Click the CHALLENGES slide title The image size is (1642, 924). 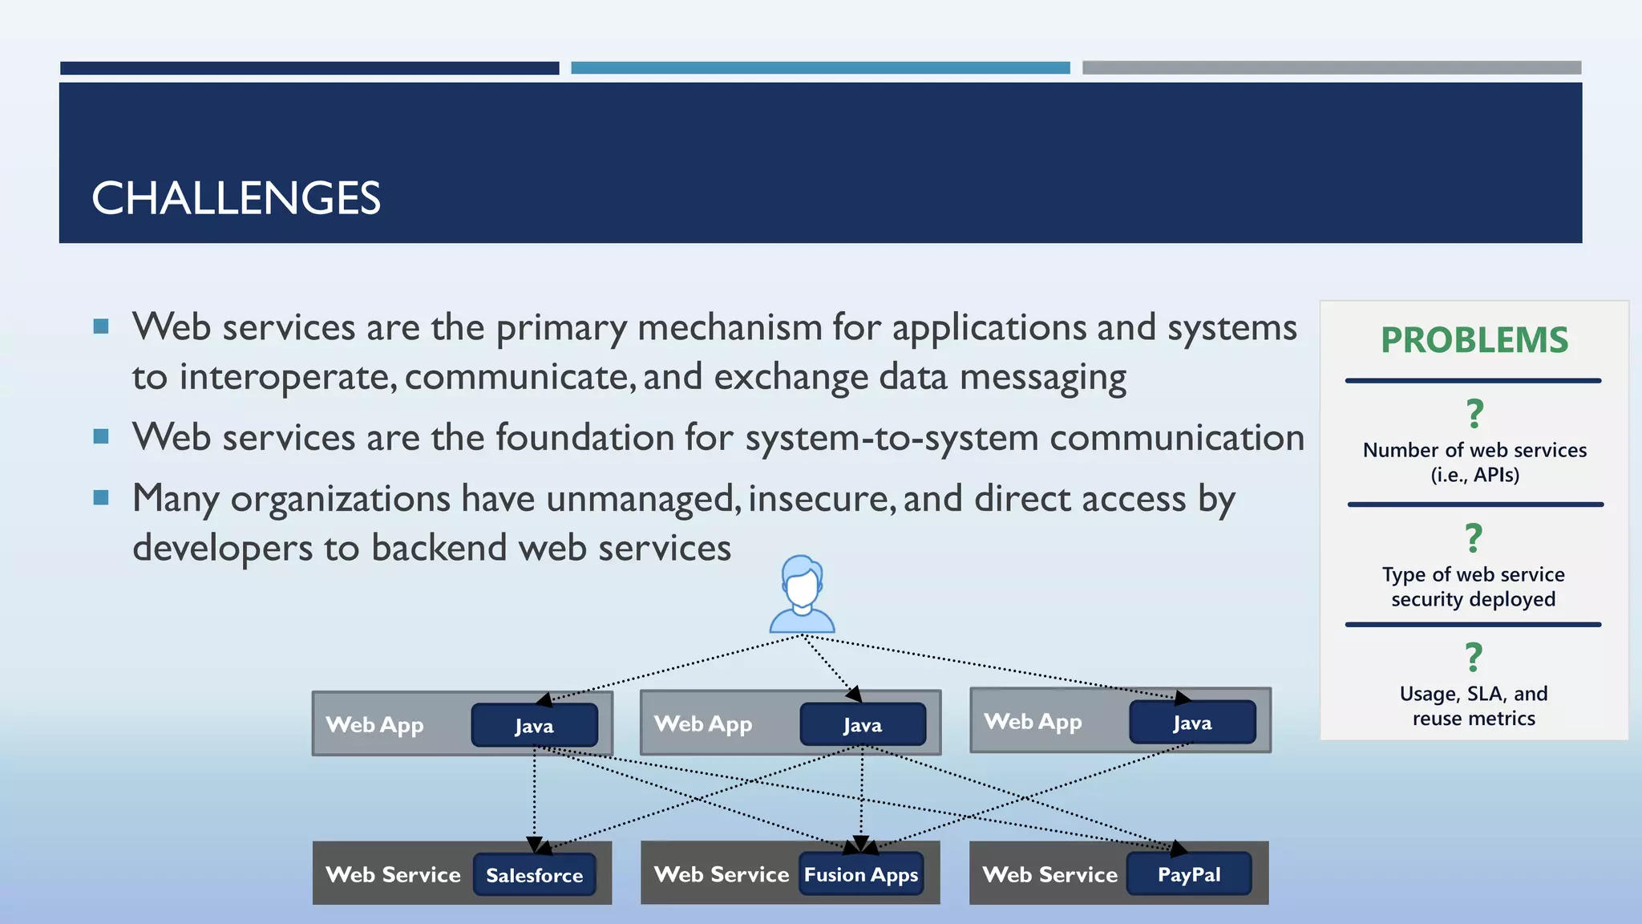click(236, 198)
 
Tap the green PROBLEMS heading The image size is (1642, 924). click(1474, 340)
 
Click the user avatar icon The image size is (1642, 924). click(802, 594)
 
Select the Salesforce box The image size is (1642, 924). click(534, 874)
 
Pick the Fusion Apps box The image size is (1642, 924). click(861, 874)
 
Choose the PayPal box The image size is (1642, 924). click(1189, 873)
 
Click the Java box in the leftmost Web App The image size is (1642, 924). click(534, 725)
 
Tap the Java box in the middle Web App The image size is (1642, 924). click(863, 724)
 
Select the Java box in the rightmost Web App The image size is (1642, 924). click(1192, 722)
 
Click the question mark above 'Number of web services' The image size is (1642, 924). click(1474, 415)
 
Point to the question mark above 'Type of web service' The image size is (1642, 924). click(1474, 538)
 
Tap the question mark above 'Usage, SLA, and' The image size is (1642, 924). click(1474, 658)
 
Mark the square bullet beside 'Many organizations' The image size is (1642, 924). click(101, 498)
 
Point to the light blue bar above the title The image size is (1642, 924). click(820, 68)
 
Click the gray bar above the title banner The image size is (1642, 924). click(1331, 68)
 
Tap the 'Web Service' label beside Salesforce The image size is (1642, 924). click(393, 874)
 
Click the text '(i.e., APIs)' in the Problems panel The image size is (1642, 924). click(1474, 475)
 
